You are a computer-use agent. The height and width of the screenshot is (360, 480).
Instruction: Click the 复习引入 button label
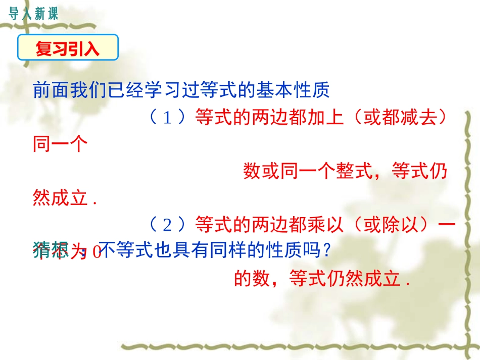[68, 49]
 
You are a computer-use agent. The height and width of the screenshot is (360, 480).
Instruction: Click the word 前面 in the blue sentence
[50, 90]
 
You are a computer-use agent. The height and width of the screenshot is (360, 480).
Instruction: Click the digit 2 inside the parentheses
[168, 224]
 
